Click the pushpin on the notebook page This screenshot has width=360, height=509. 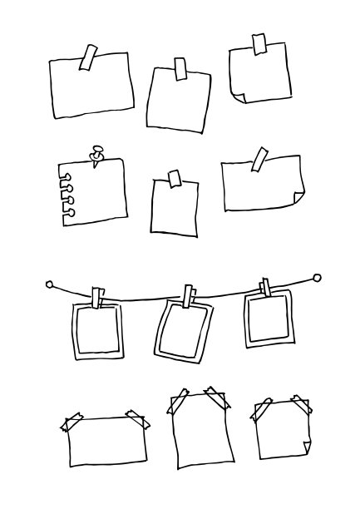click(x=97, y=154)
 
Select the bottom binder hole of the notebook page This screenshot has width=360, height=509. click(x=68, y=213)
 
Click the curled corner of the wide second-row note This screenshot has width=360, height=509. click(x=298, y=198)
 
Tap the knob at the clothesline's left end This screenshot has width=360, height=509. click(x=49, y=284)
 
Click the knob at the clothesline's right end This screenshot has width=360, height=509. click(x=317, y=278)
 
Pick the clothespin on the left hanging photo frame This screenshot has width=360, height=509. click(x=100, y=297)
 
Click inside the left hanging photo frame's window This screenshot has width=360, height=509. click(x=98, y=330)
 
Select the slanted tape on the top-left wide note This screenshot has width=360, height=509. click(x=88, y=57)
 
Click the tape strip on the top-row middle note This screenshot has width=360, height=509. click(x=180, y=69)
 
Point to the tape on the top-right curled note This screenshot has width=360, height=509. click(x=259, y=43)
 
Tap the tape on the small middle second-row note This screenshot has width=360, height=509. click(x=175, y=179)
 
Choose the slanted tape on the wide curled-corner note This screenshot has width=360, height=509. click(x=259, y=159)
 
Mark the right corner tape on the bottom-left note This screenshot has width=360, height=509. click(x=139, y=418)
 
